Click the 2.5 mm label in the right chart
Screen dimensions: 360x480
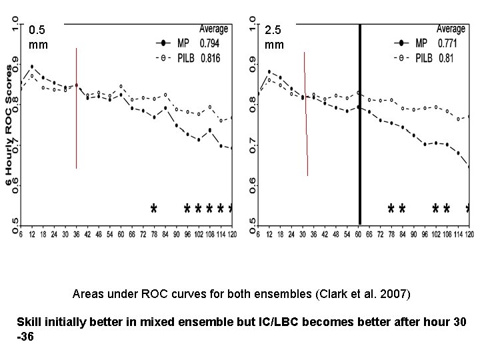[274, 37]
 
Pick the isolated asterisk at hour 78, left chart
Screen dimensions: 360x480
[154, 209]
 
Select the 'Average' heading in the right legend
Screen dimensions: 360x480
[451, 29]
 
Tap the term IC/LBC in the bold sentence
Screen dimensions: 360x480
[269, 321]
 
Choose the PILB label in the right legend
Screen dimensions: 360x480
[424, 59]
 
